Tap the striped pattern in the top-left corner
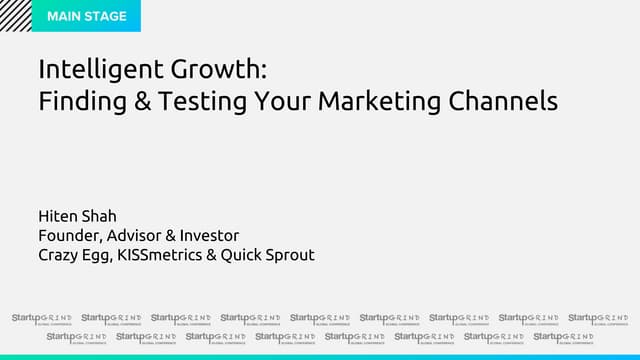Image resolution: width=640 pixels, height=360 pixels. [x=15, y=15]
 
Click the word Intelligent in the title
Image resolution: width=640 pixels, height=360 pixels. [x=96, y=70]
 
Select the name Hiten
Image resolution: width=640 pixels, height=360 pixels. [x=57, y=215]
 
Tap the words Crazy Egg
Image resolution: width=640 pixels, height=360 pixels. [x=72, y=255]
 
